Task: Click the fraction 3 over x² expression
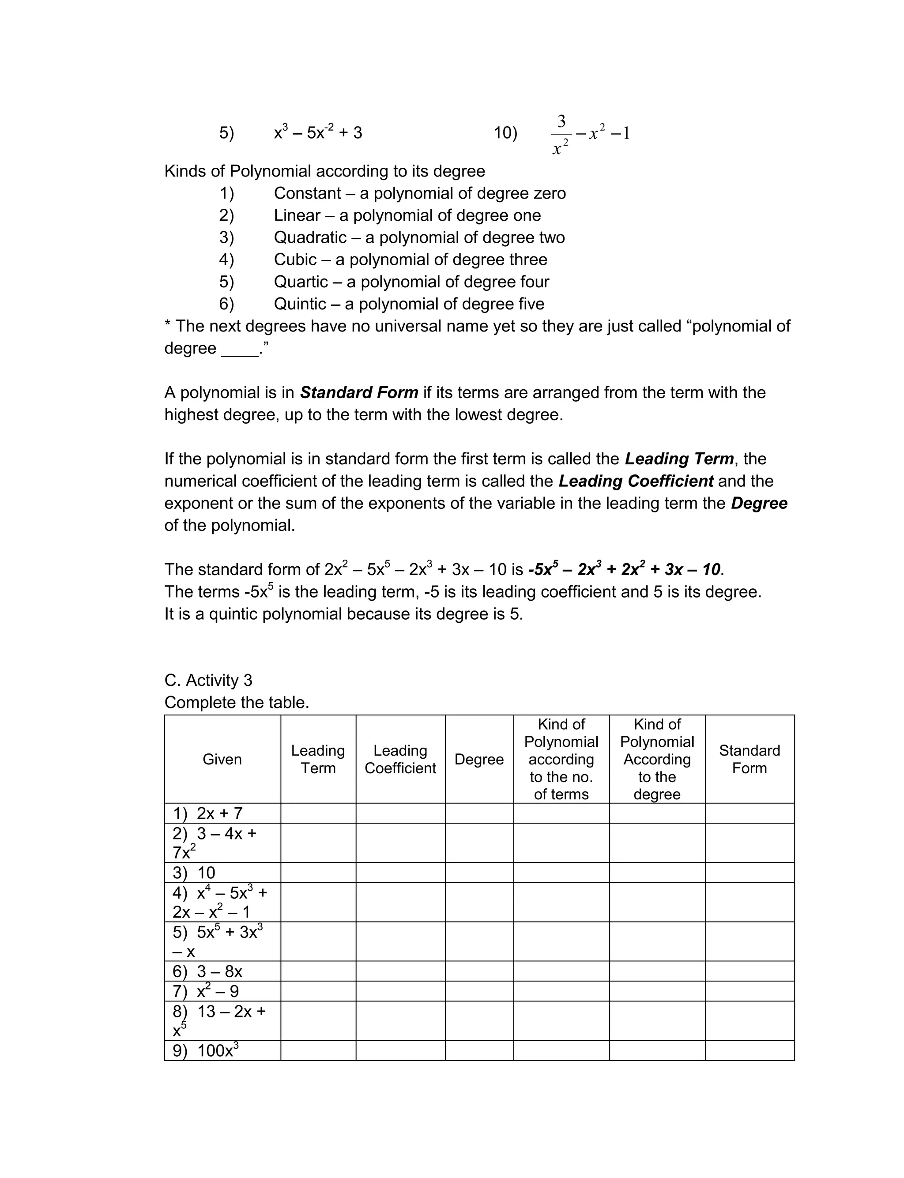click(561, 134)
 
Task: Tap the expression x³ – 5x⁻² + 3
click(318, 132)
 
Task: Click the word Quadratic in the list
click(310, 237)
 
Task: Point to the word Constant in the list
click(307, 193)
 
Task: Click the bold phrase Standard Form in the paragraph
click(359, 393)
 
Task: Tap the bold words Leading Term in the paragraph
click(679, 459)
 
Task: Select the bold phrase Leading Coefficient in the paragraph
click(636, 481)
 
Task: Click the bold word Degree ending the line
click(759, 504)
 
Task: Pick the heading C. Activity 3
click(208, 681)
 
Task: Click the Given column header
click(222, 760)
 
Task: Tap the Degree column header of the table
click(479, 760)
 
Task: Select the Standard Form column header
click(749, 760)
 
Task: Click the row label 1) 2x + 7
click(208, 813)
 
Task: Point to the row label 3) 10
click(194, 873)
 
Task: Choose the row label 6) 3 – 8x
click(208, 971)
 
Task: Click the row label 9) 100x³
click(206, 1050)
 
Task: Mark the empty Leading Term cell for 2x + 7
click(318, 813)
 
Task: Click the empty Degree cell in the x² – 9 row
click(479, 991)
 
